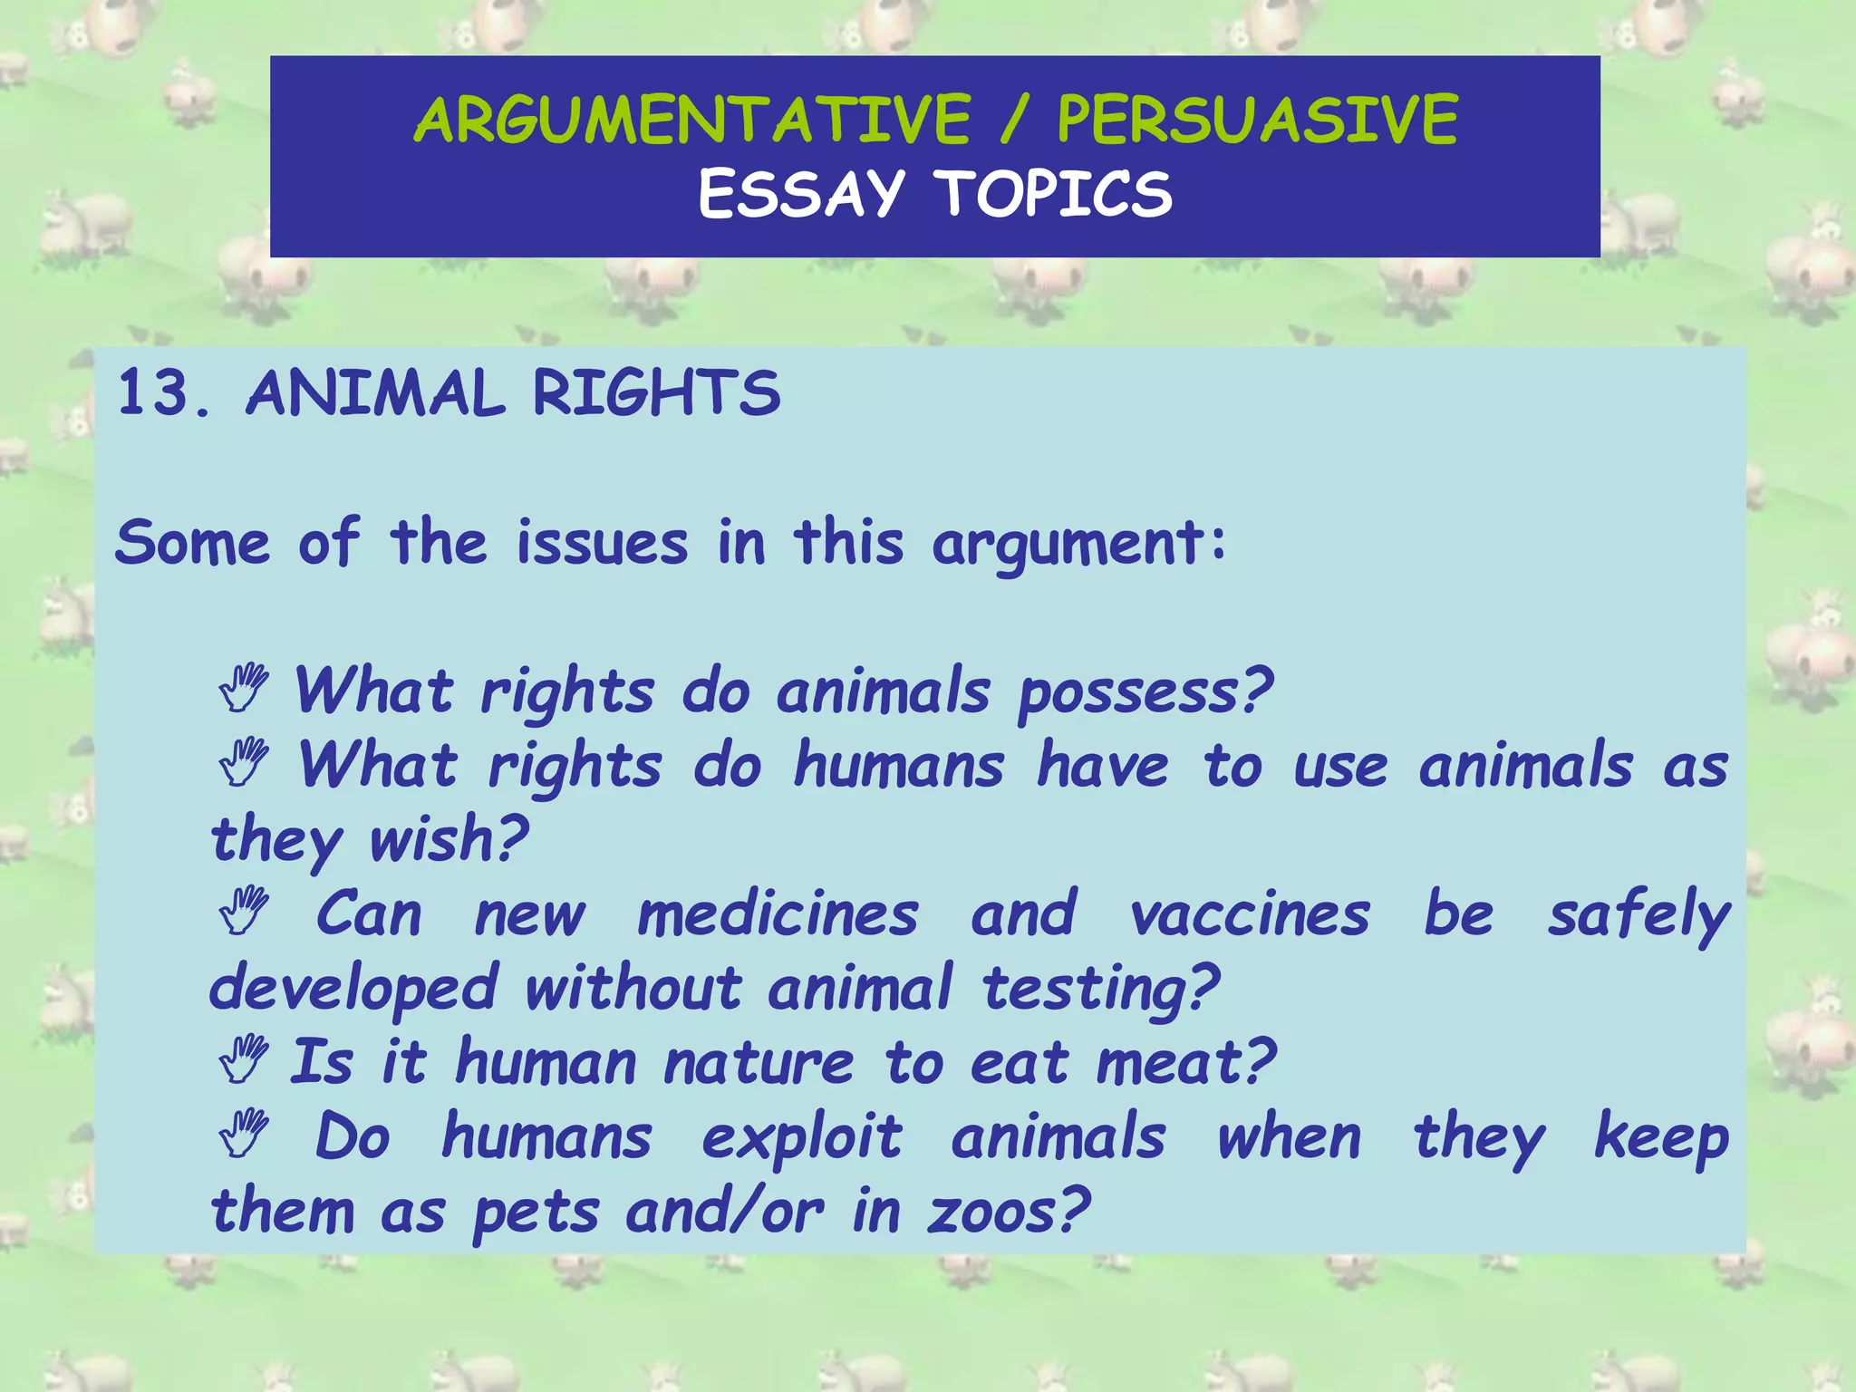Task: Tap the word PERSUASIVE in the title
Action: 1257,121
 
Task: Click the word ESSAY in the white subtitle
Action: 801,194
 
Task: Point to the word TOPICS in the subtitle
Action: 1055,194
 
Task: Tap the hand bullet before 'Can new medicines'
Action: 243,912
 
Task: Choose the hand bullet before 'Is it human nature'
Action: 243,1060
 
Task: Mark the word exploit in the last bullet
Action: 801,1138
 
